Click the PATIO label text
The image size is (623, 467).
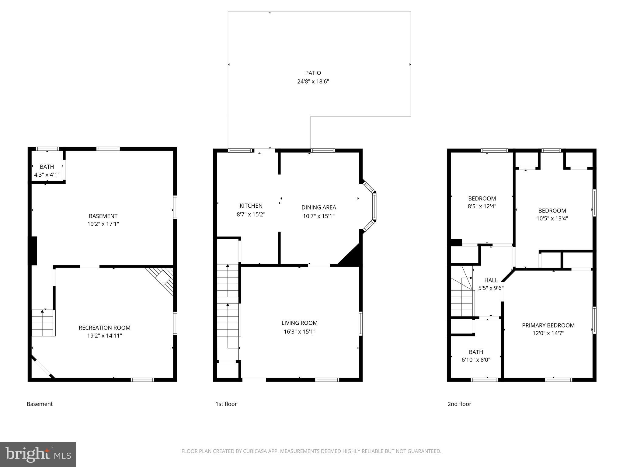(x=313, y=73)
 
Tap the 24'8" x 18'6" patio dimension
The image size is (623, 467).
(x=313, y=81)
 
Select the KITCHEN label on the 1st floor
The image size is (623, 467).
(x=251, y=206)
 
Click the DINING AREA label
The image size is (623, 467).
(x=318, y=207)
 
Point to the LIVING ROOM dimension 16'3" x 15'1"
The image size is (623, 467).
(x=299, y=332)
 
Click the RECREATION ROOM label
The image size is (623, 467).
(x=104, y=328)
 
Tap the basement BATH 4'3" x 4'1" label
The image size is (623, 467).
(x=47, y=171)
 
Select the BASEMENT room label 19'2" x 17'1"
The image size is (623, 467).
(x=103, y=220)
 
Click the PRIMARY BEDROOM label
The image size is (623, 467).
(x=548, y=325)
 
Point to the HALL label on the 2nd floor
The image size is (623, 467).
(x=491, y=280)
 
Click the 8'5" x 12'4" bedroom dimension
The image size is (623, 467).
(x=482, y=206)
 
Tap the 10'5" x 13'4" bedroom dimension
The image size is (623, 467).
(x=552, y=218)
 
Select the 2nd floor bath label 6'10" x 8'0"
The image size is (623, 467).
(x=476, y=356)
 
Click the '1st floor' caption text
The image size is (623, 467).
(x=226, y=404)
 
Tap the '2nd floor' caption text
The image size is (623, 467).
(x=459, y=404)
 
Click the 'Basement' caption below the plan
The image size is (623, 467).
(x=40, y=404)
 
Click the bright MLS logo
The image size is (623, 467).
(x=38, y=454)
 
